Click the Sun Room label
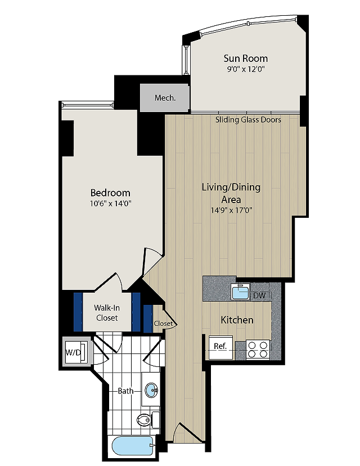246,59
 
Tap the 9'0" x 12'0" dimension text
246,70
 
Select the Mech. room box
165,98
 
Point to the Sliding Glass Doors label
248,120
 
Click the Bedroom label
110,193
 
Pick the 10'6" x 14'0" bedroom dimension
110,204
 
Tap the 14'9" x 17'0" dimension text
231,210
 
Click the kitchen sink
241,292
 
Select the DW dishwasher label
259,295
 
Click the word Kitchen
237,320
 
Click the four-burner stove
258,350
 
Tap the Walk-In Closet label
107,313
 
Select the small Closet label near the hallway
163,324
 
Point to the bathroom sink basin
152,389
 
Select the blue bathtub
133,447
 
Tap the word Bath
125,391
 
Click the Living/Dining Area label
231,193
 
